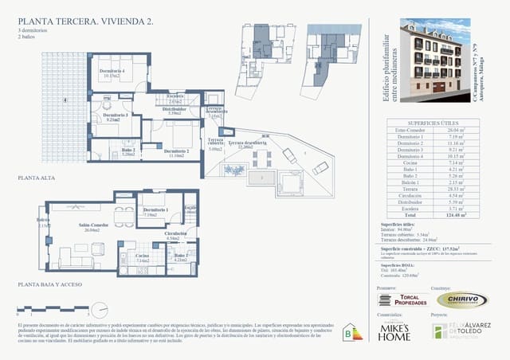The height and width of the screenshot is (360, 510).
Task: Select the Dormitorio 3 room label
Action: [x=116, y=116]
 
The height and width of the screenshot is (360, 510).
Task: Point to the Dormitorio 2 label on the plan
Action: [x=177, y=151]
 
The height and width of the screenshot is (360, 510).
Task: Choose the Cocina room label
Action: [x=143, y=256]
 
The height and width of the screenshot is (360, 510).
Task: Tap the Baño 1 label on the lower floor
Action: [x=181, y=256]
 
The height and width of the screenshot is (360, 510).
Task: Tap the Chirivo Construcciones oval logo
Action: [x=461, y=299]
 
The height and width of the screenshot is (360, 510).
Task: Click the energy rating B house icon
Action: [x=348, y=333]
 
